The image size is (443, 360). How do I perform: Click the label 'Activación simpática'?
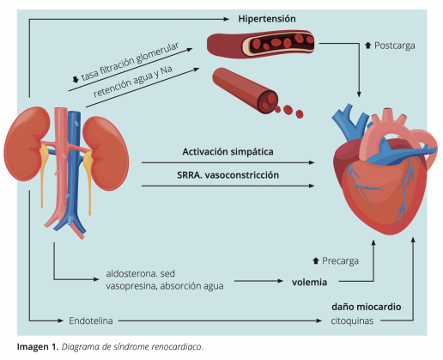point(228,151)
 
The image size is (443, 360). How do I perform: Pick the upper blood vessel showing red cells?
point(263,41)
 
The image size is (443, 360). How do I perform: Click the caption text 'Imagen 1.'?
point(37,347)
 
